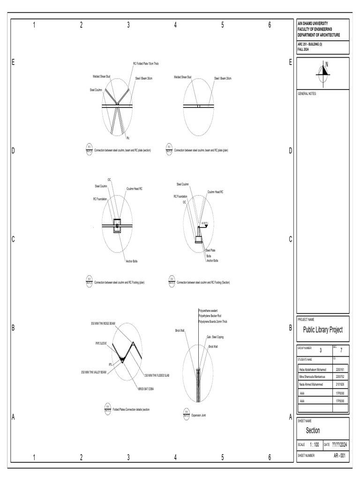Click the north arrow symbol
(x=323, y=70)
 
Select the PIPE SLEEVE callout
(x=101, y=343)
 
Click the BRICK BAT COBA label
(x=146, y=389)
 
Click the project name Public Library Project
(x=323, y=330)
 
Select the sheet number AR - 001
(x=340, y=455)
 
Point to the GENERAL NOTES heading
(x=307, y=94)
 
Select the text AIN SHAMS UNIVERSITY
(x=313, y=23)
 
